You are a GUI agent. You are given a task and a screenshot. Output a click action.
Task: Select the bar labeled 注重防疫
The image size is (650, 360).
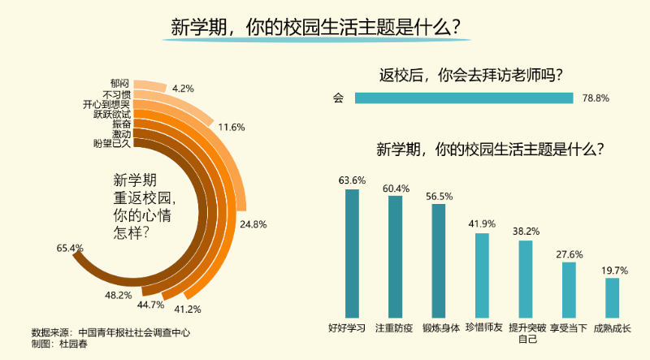396,256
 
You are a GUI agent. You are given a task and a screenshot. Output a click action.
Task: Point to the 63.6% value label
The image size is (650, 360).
352,180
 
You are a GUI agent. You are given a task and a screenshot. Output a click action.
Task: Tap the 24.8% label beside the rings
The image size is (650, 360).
253,223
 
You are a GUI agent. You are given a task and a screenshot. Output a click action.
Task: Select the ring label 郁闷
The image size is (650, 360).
120,84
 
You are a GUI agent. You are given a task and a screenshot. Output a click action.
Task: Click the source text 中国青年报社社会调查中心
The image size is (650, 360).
135,332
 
